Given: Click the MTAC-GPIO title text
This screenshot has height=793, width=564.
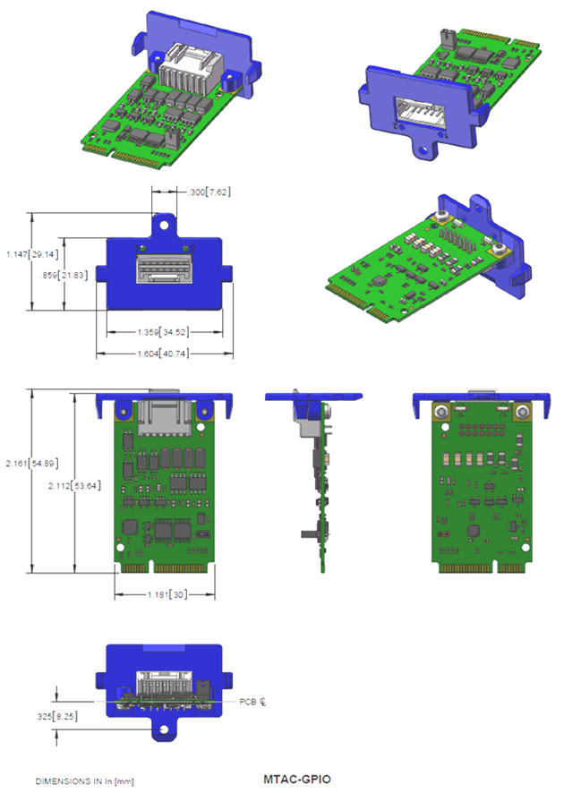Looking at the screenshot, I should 297,779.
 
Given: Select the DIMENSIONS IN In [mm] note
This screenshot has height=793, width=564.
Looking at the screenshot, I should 85,781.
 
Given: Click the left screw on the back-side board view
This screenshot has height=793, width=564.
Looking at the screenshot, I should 440,413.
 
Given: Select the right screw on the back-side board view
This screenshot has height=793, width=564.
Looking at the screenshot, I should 522,413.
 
